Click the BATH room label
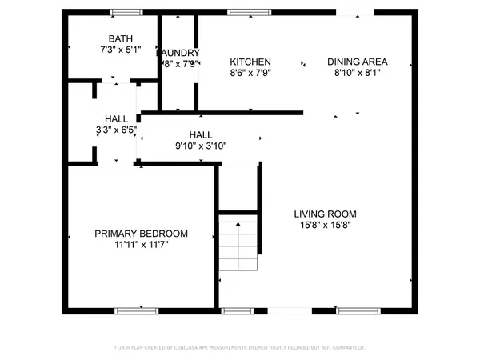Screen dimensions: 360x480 (121, 39)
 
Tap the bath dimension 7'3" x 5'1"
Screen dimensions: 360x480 (121, 50)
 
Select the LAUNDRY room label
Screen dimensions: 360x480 (179, 53)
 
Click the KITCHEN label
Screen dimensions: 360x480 (250, 62)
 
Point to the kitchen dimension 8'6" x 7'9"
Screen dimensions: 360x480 (250, 73)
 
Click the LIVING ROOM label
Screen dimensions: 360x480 (325, 214)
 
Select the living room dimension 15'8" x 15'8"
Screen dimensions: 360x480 (325, 225)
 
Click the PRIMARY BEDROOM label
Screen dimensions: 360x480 (141, 234)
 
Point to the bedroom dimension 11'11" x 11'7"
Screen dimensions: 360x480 (141, 245)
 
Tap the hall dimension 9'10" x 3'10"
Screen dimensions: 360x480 (200, 146)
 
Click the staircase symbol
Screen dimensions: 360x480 (238, 246)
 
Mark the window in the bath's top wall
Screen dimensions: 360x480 (126, 12)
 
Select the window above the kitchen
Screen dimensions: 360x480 (243, 12)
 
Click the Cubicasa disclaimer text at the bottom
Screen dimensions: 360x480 (240, 348)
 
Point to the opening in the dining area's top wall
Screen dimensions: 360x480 (354, 12)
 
